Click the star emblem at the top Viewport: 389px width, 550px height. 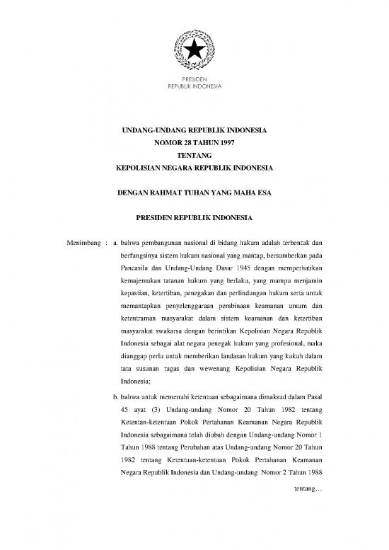click(x=194, y=49)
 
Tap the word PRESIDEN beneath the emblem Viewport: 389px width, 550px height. click(x=194, y=80)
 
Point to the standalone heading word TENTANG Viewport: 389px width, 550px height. click(x=194, y=156)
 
